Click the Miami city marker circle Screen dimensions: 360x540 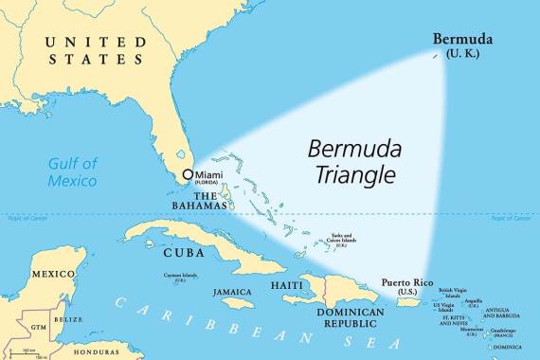[188, 174]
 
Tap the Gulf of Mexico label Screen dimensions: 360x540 [73, 171]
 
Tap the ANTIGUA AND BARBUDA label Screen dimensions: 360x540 [502, 314]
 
